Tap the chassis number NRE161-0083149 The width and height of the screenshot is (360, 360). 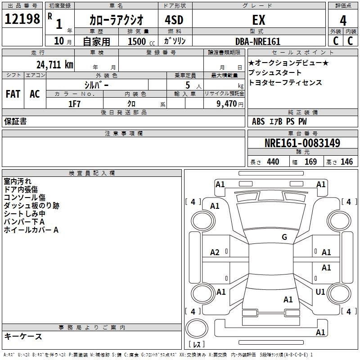pyautogui.click(x=302, y=144)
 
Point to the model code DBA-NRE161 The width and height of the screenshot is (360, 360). pyautogui.click(x=258, y=41)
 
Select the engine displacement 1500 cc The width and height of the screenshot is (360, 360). pyautogui.click(x=140, y=41)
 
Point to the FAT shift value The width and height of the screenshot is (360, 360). pyautogui.click(x=13, y=94)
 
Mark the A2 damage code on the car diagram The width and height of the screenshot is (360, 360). pyautogui.click(x=215, y=252)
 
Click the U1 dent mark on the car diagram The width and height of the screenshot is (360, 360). pyautogui.click(x=320, y=292)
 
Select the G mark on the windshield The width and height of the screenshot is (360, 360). pyautogui.click(x=284, y=237)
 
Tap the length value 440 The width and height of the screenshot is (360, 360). pyautogui.click(x=273, y=162)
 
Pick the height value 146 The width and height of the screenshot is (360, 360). pyautogui.click(x=346, y=162)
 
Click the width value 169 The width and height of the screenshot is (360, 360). pyautogui.click(x=310, y=162)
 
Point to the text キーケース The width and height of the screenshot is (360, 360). pyautogui.click(x=23, y=336)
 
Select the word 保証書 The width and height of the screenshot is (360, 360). pyautogui.click(x=15, y=121)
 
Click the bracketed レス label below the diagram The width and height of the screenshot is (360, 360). pyautogui.click(x=198, y=345)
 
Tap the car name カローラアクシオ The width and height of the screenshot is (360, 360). pyautogui.click(x=116, y=20)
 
